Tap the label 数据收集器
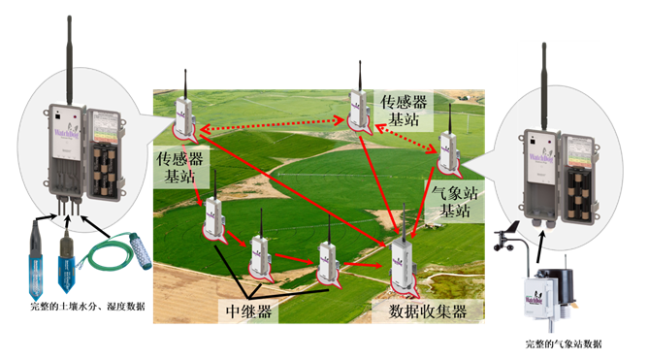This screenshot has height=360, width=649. tap(427, 312)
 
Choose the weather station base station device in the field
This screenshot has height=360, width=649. tap(448, 146)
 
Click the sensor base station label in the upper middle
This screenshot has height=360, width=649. tap(401, 110)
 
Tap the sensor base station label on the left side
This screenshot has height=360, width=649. tap(180, 167)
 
